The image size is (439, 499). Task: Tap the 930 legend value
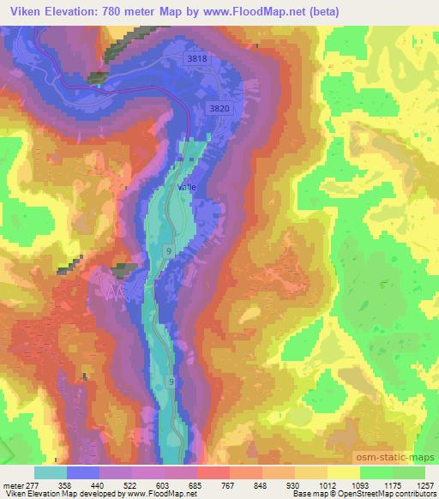[295, 484]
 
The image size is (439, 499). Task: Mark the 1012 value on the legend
[327, 484]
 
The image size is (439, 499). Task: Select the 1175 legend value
[392, 484]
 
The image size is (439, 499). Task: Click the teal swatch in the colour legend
[51, 472]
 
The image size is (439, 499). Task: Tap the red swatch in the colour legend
[213, 472]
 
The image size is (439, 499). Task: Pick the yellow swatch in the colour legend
[344, 472]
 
